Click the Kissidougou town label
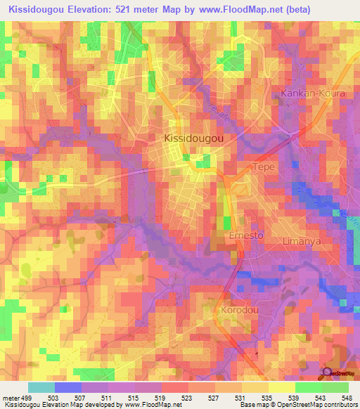(x=194, y=139)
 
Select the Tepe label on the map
(x=264, y=168)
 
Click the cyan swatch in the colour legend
(x=41, y=387)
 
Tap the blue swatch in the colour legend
(x=68, y=387)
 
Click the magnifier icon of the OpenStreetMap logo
(x=327, y=373)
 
